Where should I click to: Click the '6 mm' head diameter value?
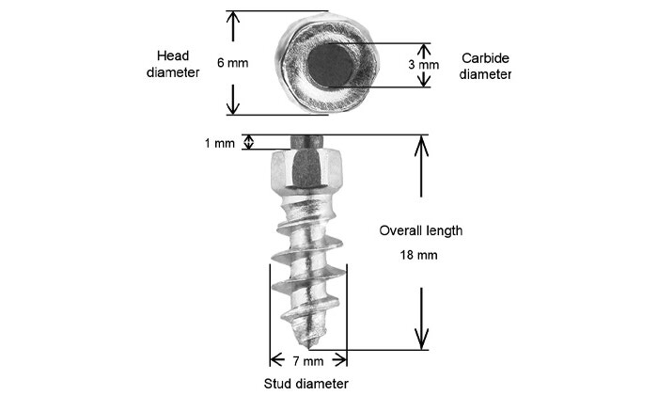(x=232, y=63)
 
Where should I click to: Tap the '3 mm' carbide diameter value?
(x=423, y=65)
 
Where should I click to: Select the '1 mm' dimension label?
(x=219, y=144)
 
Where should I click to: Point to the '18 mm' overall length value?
(x=418, y=255)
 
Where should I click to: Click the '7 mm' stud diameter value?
(x=308, y=361)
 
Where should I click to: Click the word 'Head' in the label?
(x=173, y=55)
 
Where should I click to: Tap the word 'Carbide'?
(x=485, y=58)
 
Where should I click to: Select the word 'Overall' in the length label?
(x=399, y=230)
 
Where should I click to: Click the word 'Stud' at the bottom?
(x=278, y=384)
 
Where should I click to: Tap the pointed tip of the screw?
(x=308, y=347)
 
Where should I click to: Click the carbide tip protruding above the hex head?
(x=307, y=141)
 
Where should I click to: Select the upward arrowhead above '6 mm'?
(x=233, y=18)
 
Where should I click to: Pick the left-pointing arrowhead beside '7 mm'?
(x=276, y=360)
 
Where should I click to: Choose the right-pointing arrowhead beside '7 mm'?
(x=340, y=360)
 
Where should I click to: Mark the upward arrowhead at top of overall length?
(x=421, y=145)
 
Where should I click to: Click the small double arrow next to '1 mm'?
(x=249, y=142)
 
